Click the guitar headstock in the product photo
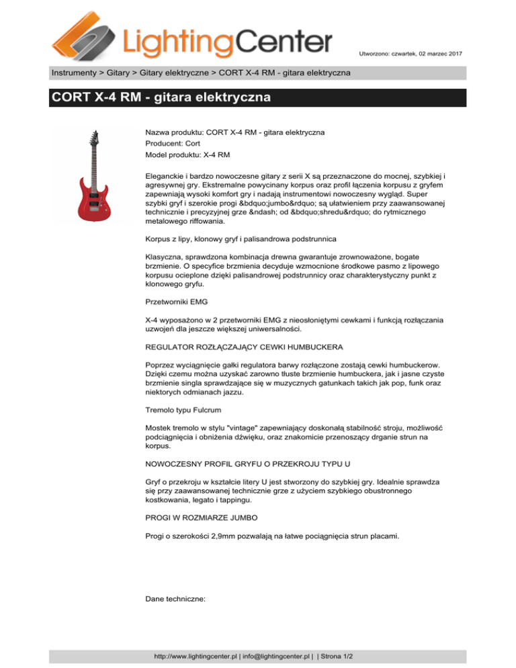91,138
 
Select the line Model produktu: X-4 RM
188,155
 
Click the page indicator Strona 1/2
340,655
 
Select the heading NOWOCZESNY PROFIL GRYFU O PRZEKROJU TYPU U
248,464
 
